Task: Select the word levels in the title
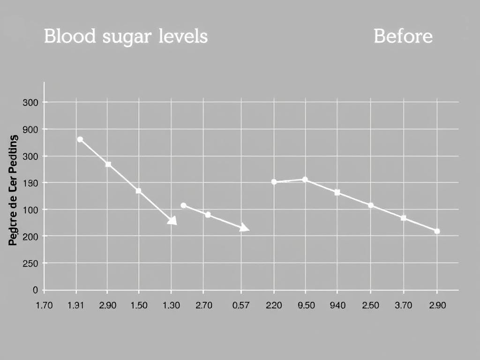coord(182,36)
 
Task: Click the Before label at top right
coord(403,36)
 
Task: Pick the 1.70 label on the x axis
coord(45,305)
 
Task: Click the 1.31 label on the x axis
coord(75,305)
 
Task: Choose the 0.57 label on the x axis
coord(241,305)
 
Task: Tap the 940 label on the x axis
coord(337,305)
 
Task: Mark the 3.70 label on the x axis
coord(403,305)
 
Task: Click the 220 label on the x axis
coord(274,305)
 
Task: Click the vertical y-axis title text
coord(13,190)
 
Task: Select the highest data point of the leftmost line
coord(80,139)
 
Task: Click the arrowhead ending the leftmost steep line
coord(172,221)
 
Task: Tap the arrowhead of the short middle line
coord(245,228)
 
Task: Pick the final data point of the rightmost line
coord(437,231)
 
